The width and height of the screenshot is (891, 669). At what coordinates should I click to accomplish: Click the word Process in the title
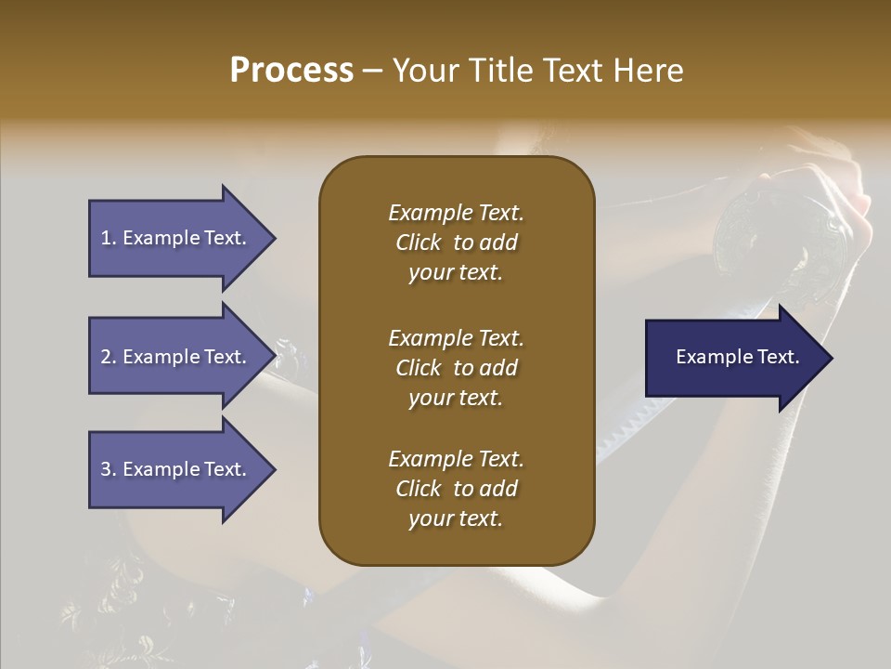pos(291,71)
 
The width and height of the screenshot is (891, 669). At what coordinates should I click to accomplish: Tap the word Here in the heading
pos(646,71)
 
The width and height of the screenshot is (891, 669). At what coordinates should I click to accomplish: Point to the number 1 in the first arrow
pos(105,238)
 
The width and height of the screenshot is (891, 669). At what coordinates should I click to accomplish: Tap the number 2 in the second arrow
pos(105,357)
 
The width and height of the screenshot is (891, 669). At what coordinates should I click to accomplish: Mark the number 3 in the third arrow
pos(105,469)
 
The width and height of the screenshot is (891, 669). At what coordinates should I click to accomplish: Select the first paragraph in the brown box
pos(456,243)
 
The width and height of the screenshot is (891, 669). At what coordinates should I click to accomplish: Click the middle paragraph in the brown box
pos(456,367)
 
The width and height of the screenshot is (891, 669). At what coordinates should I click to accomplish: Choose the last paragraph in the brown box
pos(456,489)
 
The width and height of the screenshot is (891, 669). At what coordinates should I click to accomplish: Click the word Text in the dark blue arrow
pos(778,357)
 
